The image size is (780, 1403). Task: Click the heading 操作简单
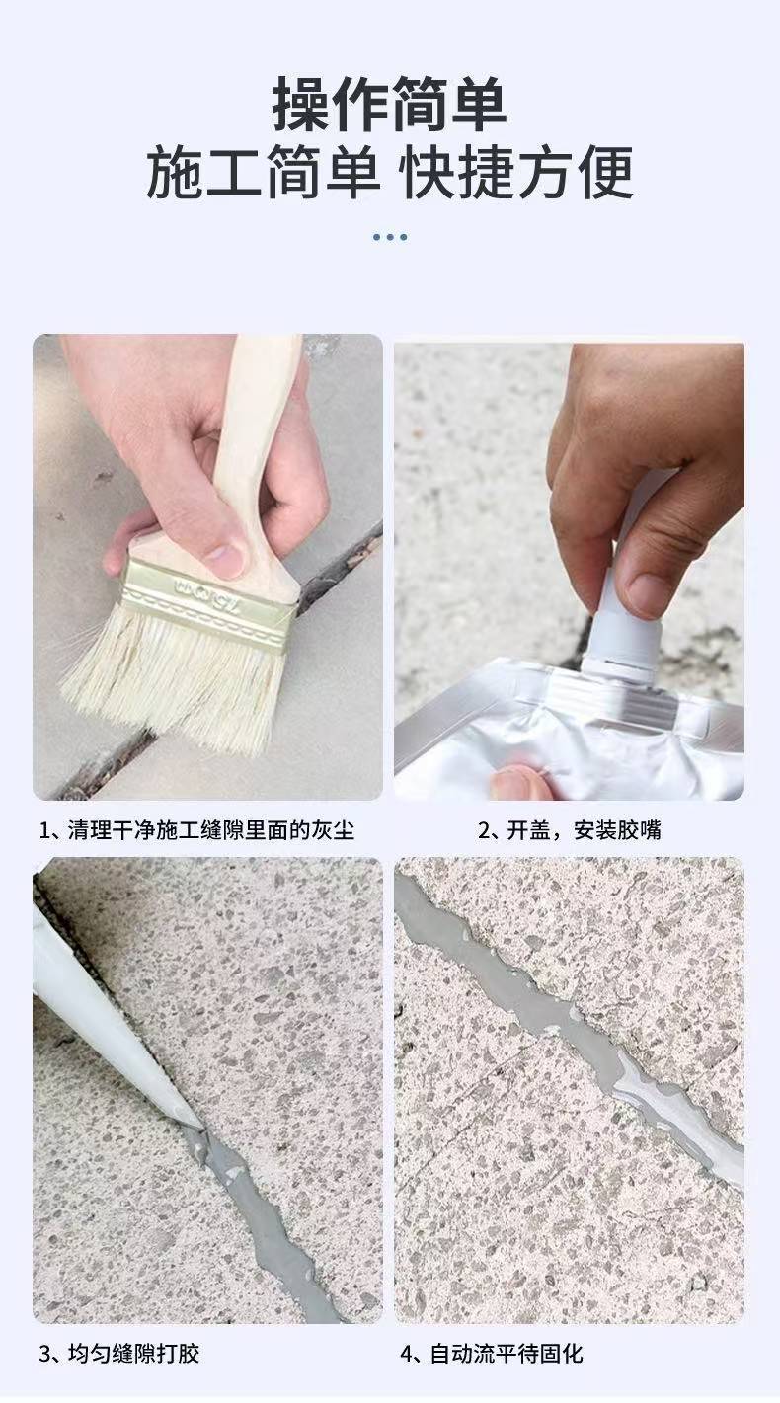tap(389, 105)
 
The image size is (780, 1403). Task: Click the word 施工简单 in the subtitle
tap(264, 172)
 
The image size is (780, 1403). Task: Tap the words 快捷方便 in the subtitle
tap(517, 172)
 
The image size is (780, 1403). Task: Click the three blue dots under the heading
tap(390, 237)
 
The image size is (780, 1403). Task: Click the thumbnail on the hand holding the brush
tap(225, 559)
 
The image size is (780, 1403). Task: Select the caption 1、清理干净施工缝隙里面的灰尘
tap(196, 830)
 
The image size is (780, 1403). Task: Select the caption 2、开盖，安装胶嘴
tap(570, 830)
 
